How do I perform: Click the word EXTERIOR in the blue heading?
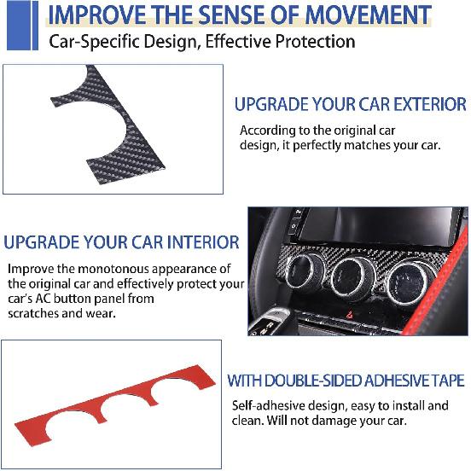tap(426, 105)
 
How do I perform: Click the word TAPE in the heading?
tap(447, 381)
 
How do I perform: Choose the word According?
tap(268, 131)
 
